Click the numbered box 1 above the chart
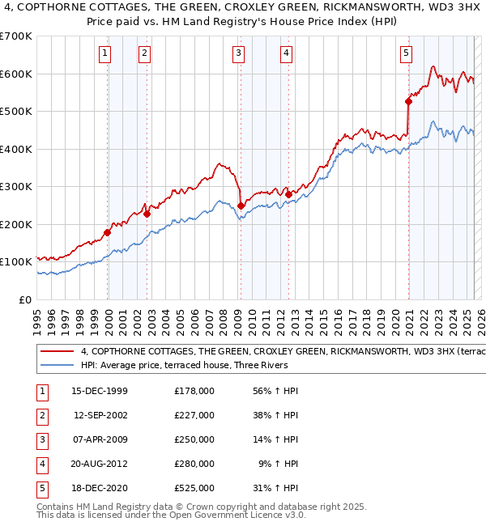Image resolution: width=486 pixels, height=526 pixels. pos(106,54)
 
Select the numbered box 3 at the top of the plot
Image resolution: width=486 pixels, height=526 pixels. pos(239,54)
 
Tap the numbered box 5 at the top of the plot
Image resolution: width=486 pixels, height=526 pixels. pos(406,54)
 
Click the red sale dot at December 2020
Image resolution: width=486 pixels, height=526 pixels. pos(409,101)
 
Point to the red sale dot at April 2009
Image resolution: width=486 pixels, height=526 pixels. pos(241,206)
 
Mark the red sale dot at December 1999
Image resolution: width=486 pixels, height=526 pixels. pos(108,232)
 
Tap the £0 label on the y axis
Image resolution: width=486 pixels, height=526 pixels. pos(25,299)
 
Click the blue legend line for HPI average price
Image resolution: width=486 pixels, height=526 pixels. pos(58,365)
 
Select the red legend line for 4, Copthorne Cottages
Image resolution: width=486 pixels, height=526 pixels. pos(58,352)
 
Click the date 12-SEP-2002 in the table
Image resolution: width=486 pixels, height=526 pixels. pos(100,415)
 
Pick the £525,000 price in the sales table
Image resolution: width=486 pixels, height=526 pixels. pos(194,488)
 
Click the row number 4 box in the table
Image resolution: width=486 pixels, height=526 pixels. pos(41,464)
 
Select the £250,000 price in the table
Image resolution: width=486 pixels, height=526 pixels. pos(194,439)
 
